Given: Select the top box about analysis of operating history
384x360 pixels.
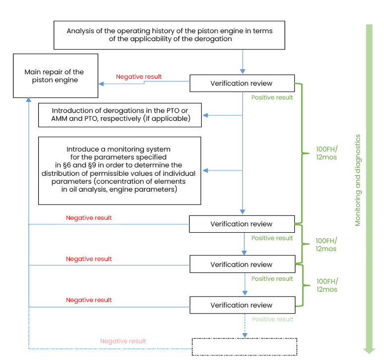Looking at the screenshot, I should (169, 35).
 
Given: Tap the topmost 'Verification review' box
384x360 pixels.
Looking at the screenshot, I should (241, 83).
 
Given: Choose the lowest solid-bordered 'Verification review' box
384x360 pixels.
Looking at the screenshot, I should (241, 305).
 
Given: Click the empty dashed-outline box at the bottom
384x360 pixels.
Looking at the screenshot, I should (244, 347).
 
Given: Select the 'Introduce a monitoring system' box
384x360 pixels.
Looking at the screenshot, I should (119, 170).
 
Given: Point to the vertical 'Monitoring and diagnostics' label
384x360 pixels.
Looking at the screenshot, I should (358, 180).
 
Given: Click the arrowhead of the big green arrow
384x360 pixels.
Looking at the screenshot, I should (369, 350).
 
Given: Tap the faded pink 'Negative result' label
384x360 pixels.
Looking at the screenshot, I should (123, 341).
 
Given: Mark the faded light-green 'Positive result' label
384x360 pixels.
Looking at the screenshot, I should (273, 319).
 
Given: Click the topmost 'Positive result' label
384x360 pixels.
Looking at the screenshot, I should (272, 98).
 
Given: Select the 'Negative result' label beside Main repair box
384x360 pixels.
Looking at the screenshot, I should (139, 77).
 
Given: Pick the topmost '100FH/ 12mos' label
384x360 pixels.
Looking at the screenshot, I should (327, 153).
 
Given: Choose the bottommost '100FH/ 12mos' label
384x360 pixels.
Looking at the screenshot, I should (327, 285).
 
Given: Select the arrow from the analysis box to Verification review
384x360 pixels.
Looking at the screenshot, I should (242, 61).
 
